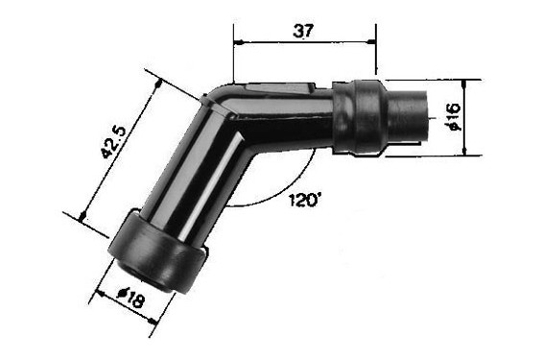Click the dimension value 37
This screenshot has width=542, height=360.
coord(303,31)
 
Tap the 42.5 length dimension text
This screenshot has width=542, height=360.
coord(114,142)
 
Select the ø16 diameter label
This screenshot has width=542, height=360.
coord(454,116)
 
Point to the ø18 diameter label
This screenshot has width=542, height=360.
coord(130,298)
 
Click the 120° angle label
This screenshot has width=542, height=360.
coord(304,200)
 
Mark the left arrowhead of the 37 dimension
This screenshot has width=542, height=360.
coord(239,42)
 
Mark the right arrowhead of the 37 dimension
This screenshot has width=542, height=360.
coord(371,42)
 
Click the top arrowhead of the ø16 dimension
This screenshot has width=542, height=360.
coord(464,84)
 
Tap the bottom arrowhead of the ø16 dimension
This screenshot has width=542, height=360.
coord(464,151)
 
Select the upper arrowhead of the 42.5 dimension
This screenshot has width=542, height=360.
coord(157,84)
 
